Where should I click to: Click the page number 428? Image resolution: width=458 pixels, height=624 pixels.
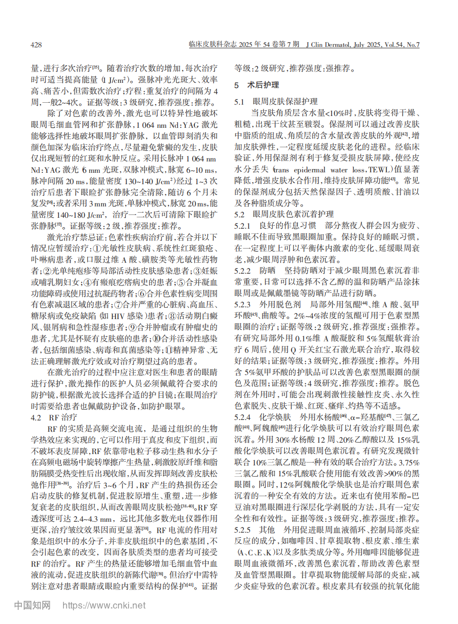point(36,45)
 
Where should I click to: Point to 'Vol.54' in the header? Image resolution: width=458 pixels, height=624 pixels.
point(393,45)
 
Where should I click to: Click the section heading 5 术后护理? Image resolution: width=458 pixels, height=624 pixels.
point(256,85)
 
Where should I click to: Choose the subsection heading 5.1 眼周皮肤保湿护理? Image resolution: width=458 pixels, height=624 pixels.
point(276,101)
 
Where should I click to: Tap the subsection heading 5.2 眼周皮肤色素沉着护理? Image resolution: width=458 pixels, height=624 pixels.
point(284,214)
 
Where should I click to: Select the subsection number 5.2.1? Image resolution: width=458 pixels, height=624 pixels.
point(242,225)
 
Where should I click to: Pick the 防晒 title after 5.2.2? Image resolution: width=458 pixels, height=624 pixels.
point(267,270)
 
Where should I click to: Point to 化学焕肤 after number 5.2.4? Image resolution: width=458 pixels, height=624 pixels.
point(275,417)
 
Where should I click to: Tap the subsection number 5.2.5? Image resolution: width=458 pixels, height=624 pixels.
point(242,530)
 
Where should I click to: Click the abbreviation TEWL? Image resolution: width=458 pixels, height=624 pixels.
point(379,169)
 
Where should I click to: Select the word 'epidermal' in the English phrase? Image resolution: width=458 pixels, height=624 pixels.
point(310,169)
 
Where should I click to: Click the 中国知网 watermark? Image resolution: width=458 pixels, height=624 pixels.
point(32,605)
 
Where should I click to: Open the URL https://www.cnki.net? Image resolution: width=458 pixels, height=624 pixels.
point(104,605)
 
